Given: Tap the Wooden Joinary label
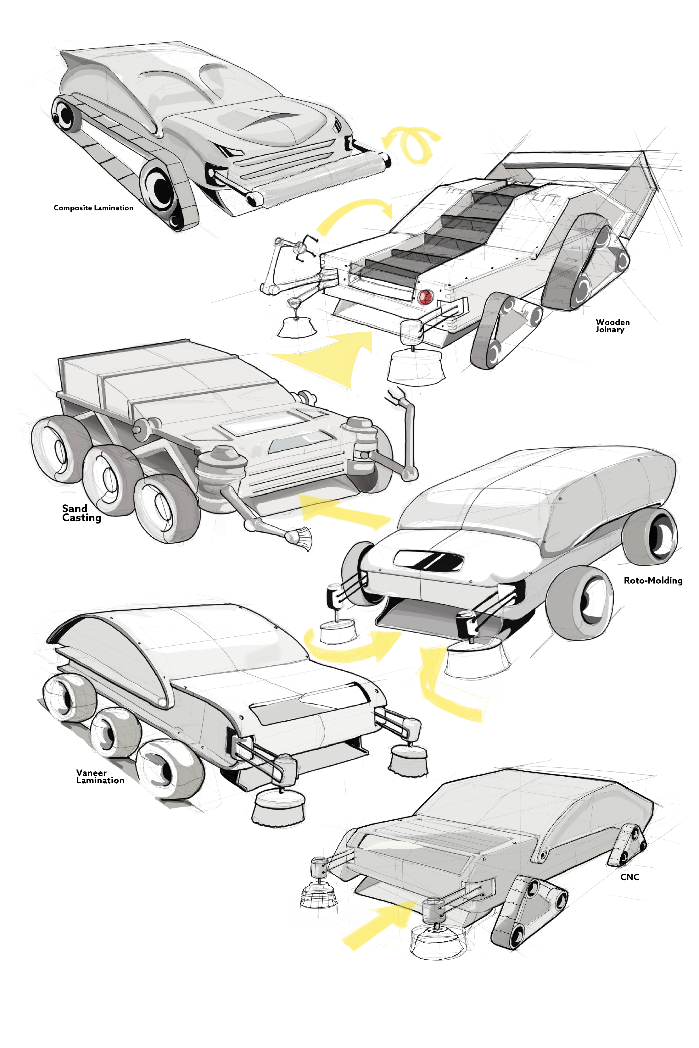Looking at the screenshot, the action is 612,326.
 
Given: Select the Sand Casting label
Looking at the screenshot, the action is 81,513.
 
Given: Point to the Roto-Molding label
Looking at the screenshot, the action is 653,580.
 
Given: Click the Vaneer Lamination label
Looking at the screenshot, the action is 100,776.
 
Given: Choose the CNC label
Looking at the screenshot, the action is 630,877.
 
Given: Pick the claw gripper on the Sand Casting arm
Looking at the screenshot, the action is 397,396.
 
